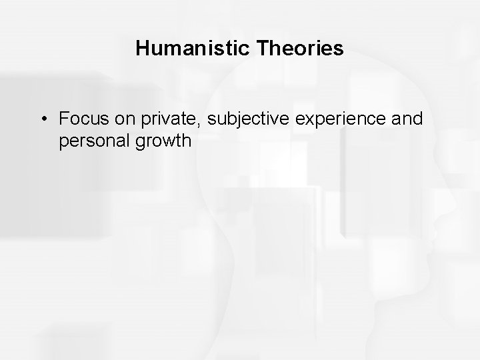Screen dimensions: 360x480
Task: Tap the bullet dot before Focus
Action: [42, 119]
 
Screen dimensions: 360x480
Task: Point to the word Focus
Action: [79, 119]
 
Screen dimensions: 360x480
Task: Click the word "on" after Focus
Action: [117, 119]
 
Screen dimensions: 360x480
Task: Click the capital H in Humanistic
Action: [141, 49]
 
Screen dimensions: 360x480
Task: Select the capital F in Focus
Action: [64, 119]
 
